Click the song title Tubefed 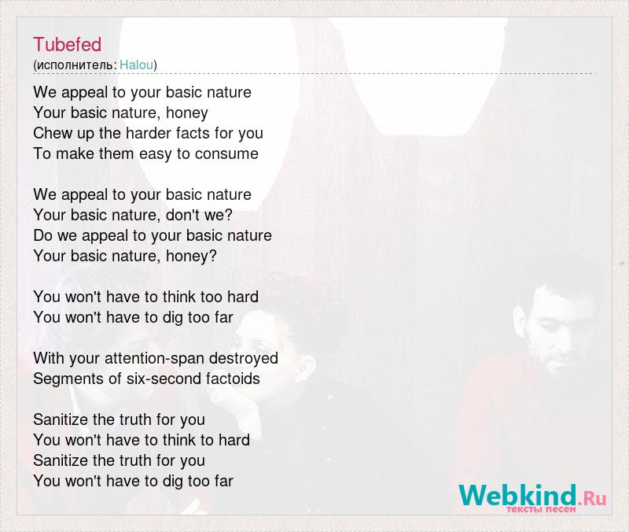(67, 44)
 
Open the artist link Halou (136, 65)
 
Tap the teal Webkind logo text (517, 495)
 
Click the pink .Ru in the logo (592, 499)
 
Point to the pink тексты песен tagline (541, 509)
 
